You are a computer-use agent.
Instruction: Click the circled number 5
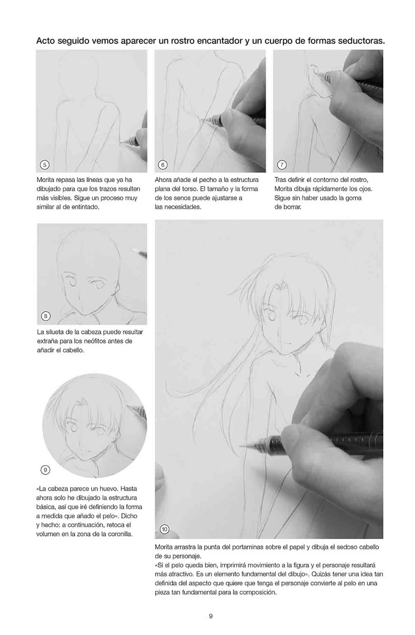click(45, 165)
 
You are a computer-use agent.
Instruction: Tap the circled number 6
click(163, 165)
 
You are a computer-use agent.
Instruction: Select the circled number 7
click(282, 165)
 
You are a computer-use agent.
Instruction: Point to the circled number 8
click(45, 316)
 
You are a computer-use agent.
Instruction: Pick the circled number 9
click(45, 470)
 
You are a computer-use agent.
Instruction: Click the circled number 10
click(164, 529)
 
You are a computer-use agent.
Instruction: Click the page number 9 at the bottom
click(211, 616)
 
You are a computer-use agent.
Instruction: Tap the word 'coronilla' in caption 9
click(119, 534)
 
